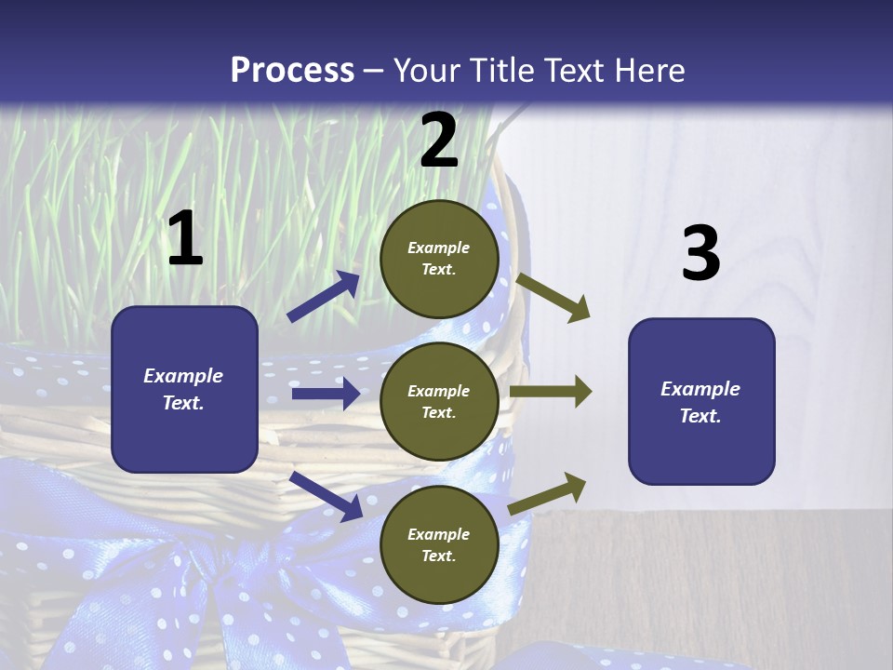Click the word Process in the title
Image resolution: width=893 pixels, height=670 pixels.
click(x=292, y=70)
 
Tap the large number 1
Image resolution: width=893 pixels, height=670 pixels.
click(x=185, y=238)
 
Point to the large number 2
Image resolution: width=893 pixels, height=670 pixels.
click(x=439, y=141)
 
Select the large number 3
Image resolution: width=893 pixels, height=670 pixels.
click(x=700, y=253)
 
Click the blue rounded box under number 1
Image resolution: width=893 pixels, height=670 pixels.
click(x=184, y=389)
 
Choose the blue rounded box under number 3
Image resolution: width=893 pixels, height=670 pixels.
click(x=701, y=401)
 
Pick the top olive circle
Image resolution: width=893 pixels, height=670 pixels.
click(x=439, y=259)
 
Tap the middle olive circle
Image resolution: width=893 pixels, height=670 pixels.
click(x=439, y=401)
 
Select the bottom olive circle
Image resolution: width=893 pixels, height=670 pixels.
click(x=439, y=544)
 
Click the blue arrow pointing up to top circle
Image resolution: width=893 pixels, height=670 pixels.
click(x=324, y=296)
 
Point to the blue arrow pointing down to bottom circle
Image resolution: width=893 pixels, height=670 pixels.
click(x=326, y=496)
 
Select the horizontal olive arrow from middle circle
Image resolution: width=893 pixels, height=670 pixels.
click(x=551, y=392)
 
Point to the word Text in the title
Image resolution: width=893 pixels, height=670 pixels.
click(x=575, y=70)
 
